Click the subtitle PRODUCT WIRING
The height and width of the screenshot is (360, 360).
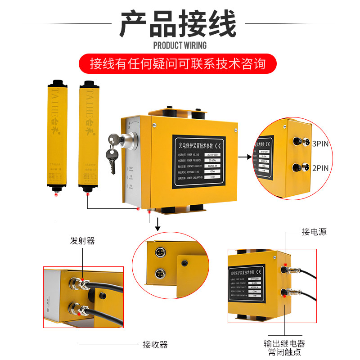point(180,45)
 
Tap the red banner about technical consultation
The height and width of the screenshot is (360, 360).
point(180,63)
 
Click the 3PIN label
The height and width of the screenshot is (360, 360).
point(320,144)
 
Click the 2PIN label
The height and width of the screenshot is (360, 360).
point(320,168)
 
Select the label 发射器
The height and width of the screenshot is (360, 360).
point(82,241)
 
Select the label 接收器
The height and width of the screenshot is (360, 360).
point(155,345)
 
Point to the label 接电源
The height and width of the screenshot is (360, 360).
point(314,232)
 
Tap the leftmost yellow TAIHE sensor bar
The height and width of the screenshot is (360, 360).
point(57,135)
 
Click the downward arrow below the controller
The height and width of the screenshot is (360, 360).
point(157,224)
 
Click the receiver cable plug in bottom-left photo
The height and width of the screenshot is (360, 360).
point(81,310)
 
